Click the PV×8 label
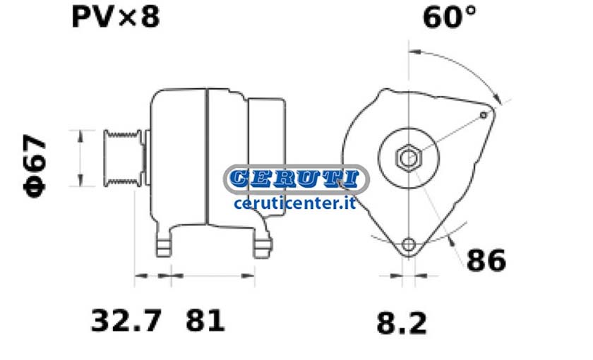pos(116,17)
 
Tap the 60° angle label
pos(449,17)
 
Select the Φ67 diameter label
pos(35,166)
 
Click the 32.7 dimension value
pos(126,320)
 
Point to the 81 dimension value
pos(205,320)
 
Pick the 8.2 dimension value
pos(402,323)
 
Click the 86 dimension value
pos(486,260)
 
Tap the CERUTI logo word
pos(294,179)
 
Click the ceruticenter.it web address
pos(294,203)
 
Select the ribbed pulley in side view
pos(124,158)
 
